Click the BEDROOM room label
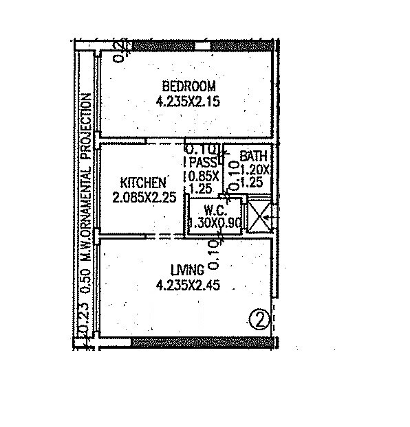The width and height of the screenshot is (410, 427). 188,86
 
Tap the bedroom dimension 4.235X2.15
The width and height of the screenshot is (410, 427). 188,102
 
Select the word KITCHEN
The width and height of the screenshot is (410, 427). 143,183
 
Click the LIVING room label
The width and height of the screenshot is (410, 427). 188,270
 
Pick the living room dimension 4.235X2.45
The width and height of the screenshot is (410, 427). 188,285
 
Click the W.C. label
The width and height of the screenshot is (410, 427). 211,211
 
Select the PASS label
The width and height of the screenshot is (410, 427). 203,163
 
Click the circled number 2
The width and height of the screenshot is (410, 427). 258,320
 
